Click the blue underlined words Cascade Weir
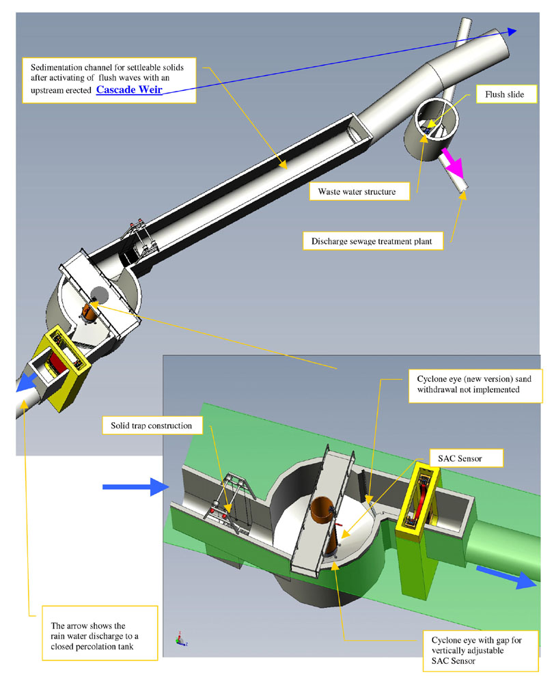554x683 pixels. [x=129, y=91]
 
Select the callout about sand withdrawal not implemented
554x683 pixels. [x=474, y=384]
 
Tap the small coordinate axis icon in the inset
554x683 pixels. [x=180, y=640]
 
